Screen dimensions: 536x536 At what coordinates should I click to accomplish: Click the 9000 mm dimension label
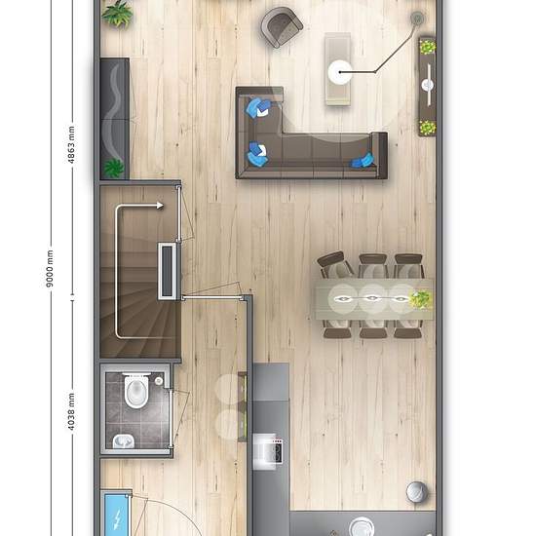pyautogui.click(x=50, y=264)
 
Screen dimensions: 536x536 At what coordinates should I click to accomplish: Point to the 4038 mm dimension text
pyautogui.click(x=70, y=412)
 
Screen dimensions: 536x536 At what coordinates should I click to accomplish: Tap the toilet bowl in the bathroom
pyautogui.click(x=137, y=393)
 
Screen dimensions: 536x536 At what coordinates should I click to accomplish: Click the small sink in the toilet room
pyautogui.click(x=123, y=441)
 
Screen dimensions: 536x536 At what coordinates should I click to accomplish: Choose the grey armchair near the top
pyautogui.click(x=282, y=26)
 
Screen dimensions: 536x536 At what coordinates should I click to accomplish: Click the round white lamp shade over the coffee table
pyautogui.click(x=340, y=70)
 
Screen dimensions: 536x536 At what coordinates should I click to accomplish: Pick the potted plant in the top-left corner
pyautogui.click(x=118, y=14)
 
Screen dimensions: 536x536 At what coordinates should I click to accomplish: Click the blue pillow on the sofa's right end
pyautogui.click(x=364, y=162)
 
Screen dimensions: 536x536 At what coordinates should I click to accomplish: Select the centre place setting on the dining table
pyautogui.click(x=373, y=296)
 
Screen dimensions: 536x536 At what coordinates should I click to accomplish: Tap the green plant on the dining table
pyautogui.click(x=421, y=298)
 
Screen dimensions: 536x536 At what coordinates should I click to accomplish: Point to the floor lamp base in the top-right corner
pyautogui.click(x=418, y=18)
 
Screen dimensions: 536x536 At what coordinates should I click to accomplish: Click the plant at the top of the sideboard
pyautogui.click(x=427, y=46)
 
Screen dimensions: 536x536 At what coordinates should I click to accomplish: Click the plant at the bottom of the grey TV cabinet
pyautogui.click(x=114, y=168)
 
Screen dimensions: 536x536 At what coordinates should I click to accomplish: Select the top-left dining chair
pyautogui.click(x=334, y=264)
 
